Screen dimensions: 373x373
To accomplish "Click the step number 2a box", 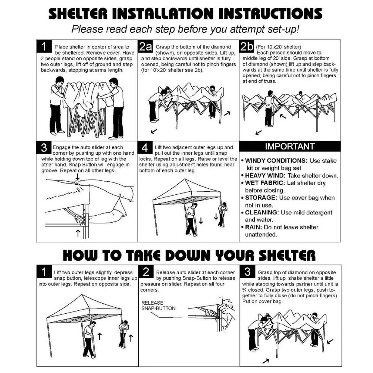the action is (x=145, y=46).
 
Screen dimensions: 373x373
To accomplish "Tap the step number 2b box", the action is (x=247, y=46).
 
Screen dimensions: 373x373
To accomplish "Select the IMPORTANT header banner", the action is (x=290, y=146).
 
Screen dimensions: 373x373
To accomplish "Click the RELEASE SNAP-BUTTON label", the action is (x=159, y=306).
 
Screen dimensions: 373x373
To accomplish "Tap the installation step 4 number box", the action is (x=145, y=147).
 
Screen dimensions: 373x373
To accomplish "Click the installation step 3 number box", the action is (x=44, y=147).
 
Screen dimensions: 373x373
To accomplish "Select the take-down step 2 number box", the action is (x=146, y=272).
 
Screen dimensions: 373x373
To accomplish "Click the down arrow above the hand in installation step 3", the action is (x=78, y=177).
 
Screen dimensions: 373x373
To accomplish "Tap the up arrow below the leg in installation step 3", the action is (x=78, y=233).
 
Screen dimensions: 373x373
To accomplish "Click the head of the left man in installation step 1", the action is (x=59, y=81).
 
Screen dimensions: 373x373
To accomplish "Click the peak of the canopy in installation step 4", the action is (x=185, y=179).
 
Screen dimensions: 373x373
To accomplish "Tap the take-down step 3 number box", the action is (x=247, y=272).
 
